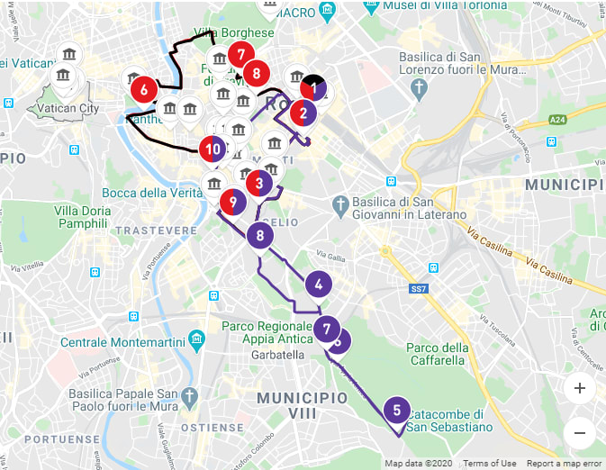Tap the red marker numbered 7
tap(240, 55)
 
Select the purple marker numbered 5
tap(397, 411)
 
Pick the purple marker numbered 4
tap(318, 285)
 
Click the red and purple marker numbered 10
tap(213, 149)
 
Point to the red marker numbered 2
tap(303, 113)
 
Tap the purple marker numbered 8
tap(260, 237)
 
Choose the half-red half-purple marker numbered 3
tap(259, 184)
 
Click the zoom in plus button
tap(579, 388)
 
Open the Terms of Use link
tap(490, 464)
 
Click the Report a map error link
tap(565, 464)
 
